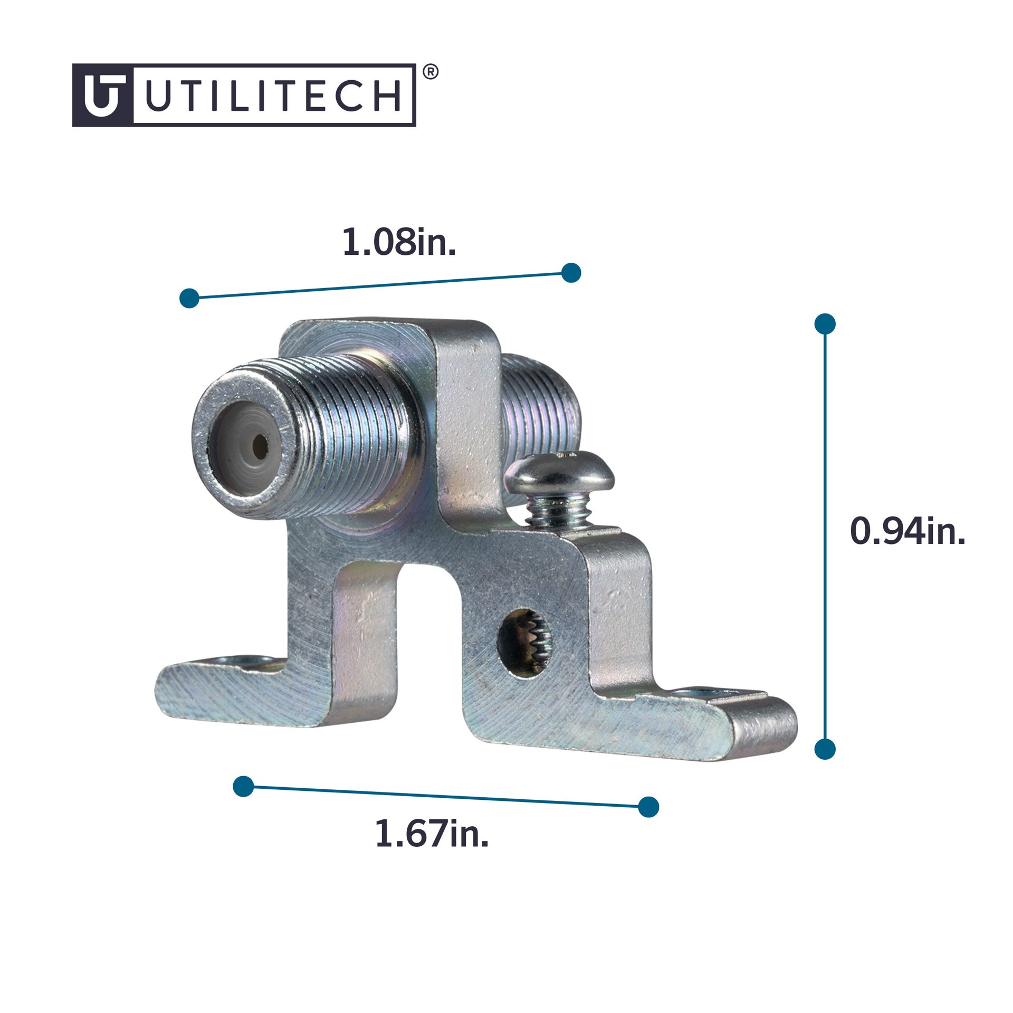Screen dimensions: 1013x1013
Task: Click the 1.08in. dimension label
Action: pyautogui.click(x=399, y=243)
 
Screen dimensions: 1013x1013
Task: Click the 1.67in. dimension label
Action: pyautogui.click(x=432, y=834)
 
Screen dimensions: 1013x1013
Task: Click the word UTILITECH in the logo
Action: pyautogui.click(x=273, y=95)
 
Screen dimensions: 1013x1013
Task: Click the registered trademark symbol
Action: pyautogui.click(x=431, y=72)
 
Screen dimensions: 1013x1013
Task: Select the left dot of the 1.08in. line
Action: pyautogui.click(x=189, y=298)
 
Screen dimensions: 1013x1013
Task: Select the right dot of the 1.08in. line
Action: pyautogui.click(x=571, y=273)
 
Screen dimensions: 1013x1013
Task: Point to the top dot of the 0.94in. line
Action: pyautogui.click(x=825, y=324)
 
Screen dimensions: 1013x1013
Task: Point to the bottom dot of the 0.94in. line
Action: pyautogui.click(x=825, y=749)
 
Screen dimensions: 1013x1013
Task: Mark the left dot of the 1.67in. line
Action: pyautogui.click(x=243, y=787)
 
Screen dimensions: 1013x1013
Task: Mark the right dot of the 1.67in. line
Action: pyautogui.click(x=648, y=807)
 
